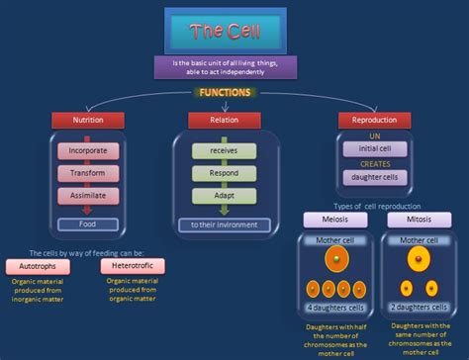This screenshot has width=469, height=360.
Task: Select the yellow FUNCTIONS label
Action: pos(225,92)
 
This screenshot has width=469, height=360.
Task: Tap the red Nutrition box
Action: pos(87,120)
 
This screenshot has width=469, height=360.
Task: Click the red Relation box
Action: pos(224,120)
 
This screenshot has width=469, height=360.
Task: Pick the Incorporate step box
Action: pos(88,151)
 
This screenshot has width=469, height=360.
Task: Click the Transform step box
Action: pos(88,173)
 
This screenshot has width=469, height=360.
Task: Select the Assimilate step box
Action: pos(88,195)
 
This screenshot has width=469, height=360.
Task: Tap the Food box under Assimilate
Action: pos(88,224)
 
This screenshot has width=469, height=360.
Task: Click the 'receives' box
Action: pos(224,151)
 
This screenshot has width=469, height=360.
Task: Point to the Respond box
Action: pos(224,173)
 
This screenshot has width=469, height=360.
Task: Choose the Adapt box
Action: pos(224,195)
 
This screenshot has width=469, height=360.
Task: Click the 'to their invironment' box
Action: pos(224,225)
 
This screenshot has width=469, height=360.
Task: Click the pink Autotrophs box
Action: pos(37,266)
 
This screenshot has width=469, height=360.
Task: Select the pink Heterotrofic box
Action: pos(132,266)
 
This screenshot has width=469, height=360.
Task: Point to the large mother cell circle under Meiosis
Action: pos(335,261)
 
